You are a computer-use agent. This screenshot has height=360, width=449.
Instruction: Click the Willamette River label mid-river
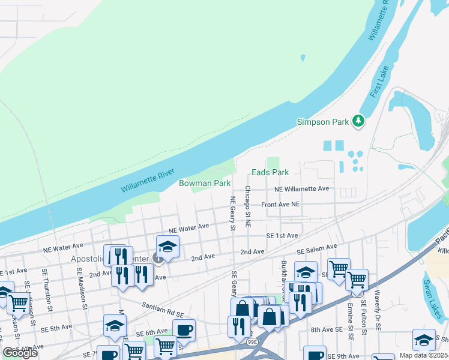coord(147,181)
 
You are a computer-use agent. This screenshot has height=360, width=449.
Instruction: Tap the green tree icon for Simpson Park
coord(358,121)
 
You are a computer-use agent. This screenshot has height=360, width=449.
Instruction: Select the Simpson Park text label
coord(323,122)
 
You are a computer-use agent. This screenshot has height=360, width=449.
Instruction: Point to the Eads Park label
coord(270,172)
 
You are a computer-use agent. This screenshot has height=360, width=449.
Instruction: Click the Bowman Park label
coord(205,183)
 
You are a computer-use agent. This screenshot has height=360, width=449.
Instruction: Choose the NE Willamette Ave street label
coord(301,188)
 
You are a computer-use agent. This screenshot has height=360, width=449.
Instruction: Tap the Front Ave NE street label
coord(280,205)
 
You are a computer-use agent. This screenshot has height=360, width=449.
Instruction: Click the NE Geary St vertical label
coord(232,213)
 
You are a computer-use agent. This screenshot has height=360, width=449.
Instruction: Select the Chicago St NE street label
coord(247,202)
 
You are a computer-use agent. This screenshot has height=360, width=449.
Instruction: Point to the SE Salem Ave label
coord(317,248)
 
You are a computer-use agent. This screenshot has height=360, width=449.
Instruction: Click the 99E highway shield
coord(252,341)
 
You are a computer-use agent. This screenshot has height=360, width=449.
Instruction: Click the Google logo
coord(20,353)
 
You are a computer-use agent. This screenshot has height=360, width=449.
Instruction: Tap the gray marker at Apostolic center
coord(158,259)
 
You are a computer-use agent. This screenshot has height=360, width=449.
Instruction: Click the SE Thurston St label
coord(45,288)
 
